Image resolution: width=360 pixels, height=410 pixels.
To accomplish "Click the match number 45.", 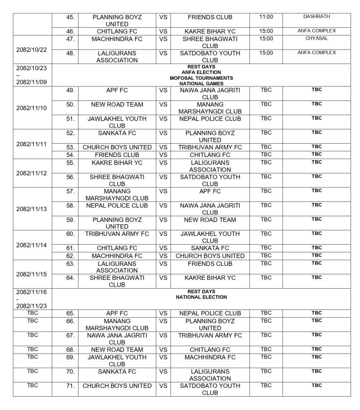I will click(70, 17).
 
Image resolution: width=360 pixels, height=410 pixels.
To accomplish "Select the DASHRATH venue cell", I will click(316, 16).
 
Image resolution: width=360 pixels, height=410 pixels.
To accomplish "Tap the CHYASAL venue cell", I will click(316, 38).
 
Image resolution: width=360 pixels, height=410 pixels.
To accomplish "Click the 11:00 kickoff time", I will click(266, 17).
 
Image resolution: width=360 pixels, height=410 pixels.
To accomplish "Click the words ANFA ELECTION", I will click(201, 72).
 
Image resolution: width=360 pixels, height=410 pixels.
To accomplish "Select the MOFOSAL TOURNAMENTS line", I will click(201, 78).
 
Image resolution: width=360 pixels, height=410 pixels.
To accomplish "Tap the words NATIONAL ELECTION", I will click(201, 297).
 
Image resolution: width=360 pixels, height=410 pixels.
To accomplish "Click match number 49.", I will click(70, 90).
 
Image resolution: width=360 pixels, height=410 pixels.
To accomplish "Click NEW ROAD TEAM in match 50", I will click(117, 105).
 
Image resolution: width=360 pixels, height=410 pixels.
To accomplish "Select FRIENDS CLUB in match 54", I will click(117, 155).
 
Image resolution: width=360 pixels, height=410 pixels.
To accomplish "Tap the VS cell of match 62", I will click(163, 255).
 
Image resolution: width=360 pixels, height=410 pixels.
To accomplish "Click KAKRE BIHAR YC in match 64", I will click(210, 277).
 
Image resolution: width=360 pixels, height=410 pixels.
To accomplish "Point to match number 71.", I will click(70, 386).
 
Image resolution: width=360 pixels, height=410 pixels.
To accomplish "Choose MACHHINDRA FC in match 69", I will click(210, 357).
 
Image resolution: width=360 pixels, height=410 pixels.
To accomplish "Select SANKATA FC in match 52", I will click(117, 133).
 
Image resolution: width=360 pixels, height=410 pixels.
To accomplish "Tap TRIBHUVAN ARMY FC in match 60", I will click(117, 233).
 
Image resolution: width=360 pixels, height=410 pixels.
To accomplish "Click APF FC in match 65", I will click(117, 313).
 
